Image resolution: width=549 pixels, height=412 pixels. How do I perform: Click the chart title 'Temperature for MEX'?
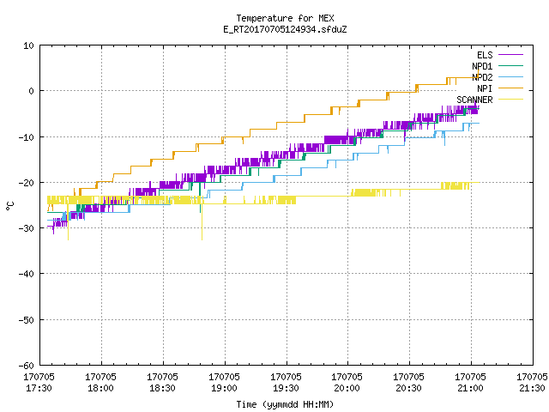point(285,18)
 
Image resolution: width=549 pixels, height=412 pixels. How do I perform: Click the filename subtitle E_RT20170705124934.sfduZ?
point(285,29)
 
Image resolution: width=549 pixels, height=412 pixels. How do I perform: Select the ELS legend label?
point(485,55)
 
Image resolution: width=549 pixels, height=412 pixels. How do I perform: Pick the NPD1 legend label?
point(482,66)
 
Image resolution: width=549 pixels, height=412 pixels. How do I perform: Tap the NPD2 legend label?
point(482,77)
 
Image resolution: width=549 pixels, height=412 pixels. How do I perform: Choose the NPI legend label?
point(485,88)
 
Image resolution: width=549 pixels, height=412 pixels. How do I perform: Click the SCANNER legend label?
point(474,100)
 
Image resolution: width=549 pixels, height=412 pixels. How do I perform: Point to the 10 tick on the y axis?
point(28,45)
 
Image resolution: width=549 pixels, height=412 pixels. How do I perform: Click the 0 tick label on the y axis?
point(31,91)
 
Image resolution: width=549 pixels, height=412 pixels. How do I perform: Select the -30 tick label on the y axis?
point(27,228)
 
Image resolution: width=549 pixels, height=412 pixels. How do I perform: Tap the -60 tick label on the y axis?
point(27,366)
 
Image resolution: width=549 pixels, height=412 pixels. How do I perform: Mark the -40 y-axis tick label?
point(27,274)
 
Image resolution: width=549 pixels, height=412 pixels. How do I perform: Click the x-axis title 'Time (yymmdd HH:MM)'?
point(285,404)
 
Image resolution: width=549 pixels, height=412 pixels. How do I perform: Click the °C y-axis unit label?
point(10,206)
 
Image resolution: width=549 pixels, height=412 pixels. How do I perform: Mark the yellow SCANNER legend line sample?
point(510,100)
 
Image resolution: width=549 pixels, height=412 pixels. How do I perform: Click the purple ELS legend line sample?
point(510,55)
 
